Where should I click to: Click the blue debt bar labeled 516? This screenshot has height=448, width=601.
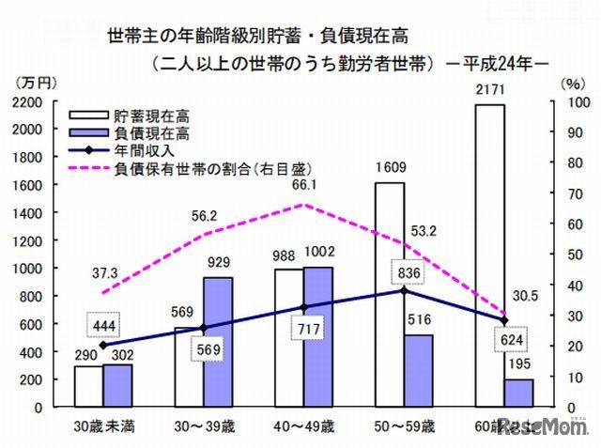[x=419, y=370]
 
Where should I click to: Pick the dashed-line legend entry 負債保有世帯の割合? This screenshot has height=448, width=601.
[x=212, y=169]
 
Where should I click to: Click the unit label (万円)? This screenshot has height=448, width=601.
[x=35, y=83]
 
